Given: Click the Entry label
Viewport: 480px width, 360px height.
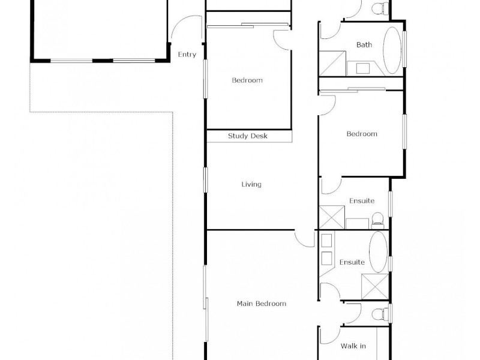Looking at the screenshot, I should [x=187, y=55].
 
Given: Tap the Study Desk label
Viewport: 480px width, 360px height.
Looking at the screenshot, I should [x=247, y=136].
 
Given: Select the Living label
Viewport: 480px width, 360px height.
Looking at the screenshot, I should [x=251, y=184].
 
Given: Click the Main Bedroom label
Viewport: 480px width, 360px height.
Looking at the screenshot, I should [x=261, y=304].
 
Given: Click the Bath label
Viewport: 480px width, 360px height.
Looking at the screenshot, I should [x=364, y=44].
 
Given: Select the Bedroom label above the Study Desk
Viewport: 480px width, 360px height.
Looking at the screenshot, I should [x=247, y=80].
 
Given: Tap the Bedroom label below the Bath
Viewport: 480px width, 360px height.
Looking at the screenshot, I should [x=362, y=134].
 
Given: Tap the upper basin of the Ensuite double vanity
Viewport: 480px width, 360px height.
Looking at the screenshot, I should [x=328, y=241].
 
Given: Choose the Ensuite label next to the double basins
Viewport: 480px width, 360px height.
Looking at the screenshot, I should [x=352, y=262].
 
